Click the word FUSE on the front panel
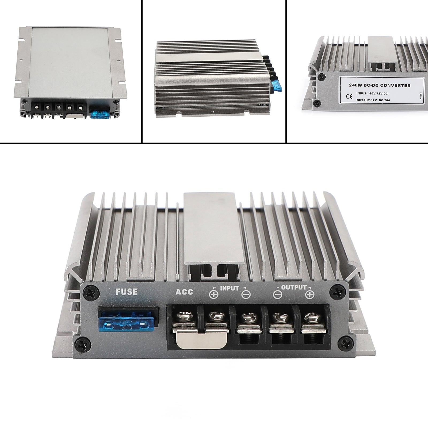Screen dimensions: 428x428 (x=127, y=291)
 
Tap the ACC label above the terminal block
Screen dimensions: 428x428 (x=184, y=292)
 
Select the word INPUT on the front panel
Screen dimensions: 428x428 (x=230, y=288)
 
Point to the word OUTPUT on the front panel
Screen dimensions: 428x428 (x=294, y=288)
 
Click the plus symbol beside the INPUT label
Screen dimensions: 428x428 (x=214, y=295)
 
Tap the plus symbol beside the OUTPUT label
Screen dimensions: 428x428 (x=309, y=295)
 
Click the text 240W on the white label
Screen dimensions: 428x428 (x=355, y=86)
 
